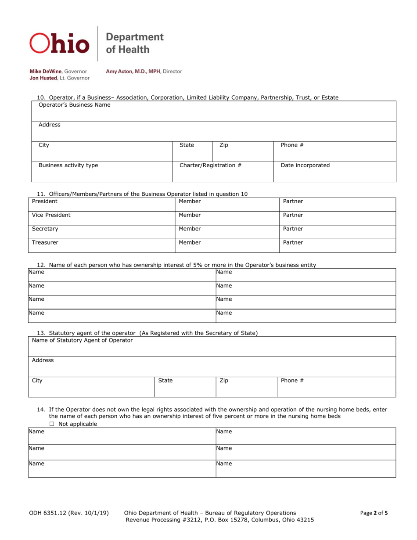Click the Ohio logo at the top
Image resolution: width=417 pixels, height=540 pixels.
coord(59,43)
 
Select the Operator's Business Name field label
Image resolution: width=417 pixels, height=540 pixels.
coord(75,105)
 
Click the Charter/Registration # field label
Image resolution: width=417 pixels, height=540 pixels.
coord(211,166)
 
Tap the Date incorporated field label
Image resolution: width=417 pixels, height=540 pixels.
coord(305,166)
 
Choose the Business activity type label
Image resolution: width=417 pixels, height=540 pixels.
coord(68,166)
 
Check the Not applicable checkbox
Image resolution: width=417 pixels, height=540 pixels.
coord(52,424)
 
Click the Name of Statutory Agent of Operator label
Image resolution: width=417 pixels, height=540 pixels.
coord(83,340)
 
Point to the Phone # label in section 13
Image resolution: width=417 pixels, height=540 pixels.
coord(292,381)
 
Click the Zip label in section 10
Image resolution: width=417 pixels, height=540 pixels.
coord(223,145)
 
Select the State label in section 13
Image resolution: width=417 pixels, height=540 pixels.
coord(165,381)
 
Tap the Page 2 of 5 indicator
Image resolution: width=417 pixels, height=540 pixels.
coord(374,513)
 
